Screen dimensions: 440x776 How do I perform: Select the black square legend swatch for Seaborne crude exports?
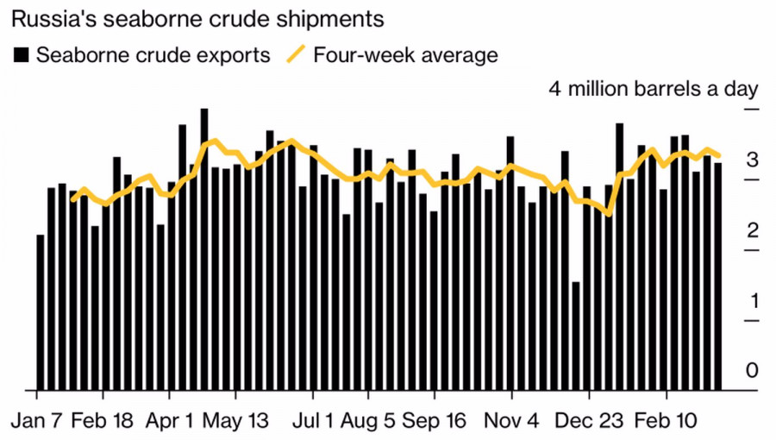[22, 55]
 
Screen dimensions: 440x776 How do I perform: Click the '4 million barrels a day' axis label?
[653, 89]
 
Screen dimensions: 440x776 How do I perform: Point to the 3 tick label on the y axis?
[752, 160]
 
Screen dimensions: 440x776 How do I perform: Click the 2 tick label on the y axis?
[752, 231]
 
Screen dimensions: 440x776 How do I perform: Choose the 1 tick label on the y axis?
[752, 301]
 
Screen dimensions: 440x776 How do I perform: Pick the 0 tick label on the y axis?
[752, 371]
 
